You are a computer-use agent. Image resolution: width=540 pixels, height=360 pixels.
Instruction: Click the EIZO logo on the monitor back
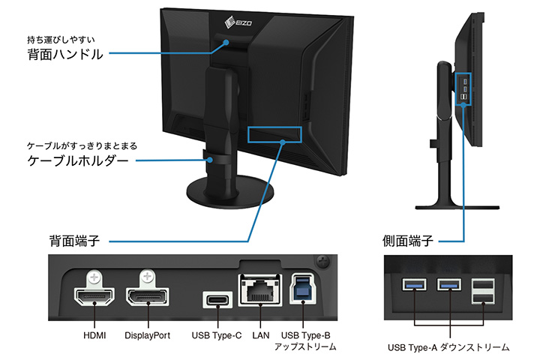click(x=238, y=23)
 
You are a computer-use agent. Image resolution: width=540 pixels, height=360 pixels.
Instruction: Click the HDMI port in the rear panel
click(x=94, y=296)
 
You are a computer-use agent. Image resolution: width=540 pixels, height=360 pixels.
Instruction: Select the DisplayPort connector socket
click(x=148, y=296)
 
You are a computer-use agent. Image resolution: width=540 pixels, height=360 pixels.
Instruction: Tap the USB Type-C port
click(x=217, y=300)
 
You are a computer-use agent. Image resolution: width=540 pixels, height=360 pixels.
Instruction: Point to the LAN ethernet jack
click(x=260, y=289)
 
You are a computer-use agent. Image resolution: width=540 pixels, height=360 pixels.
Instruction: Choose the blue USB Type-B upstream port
click(x=303, y=289)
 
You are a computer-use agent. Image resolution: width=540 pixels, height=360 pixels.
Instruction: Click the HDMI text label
click(x=94, y=335)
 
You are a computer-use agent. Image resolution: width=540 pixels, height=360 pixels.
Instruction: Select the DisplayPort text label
click(x=148, y=335)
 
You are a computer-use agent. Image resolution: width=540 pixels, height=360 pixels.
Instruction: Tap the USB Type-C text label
click(x=217, y=335)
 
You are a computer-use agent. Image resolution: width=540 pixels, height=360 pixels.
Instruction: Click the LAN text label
click(x=261, y=335)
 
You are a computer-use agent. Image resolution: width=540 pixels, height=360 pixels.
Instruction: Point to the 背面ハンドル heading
click(x=65, y=55)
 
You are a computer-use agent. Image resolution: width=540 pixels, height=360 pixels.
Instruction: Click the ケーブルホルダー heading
click(x=78, y=160)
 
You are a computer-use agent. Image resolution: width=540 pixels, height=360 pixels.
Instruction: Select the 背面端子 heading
click(x=74, y=241)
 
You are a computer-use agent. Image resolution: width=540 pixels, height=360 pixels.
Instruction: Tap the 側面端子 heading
click(x=408, y=241)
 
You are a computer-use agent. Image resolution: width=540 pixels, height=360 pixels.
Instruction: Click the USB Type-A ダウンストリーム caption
click(x=448, y=347)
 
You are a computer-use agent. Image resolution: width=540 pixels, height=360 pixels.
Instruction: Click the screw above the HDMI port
click(x=94, y=277)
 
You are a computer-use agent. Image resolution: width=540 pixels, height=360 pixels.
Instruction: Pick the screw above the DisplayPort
click(x=147, y=277)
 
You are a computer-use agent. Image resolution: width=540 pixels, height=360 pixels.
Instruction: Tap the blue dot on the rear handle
click(x=226, y=42)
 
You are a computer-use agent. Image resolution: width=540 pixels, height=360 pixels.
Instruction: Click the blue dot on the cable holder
click(x=210, y=160)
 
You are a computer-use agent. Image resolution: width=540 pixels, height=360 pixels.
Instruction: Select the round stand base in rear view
click(x=230, y=191)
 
